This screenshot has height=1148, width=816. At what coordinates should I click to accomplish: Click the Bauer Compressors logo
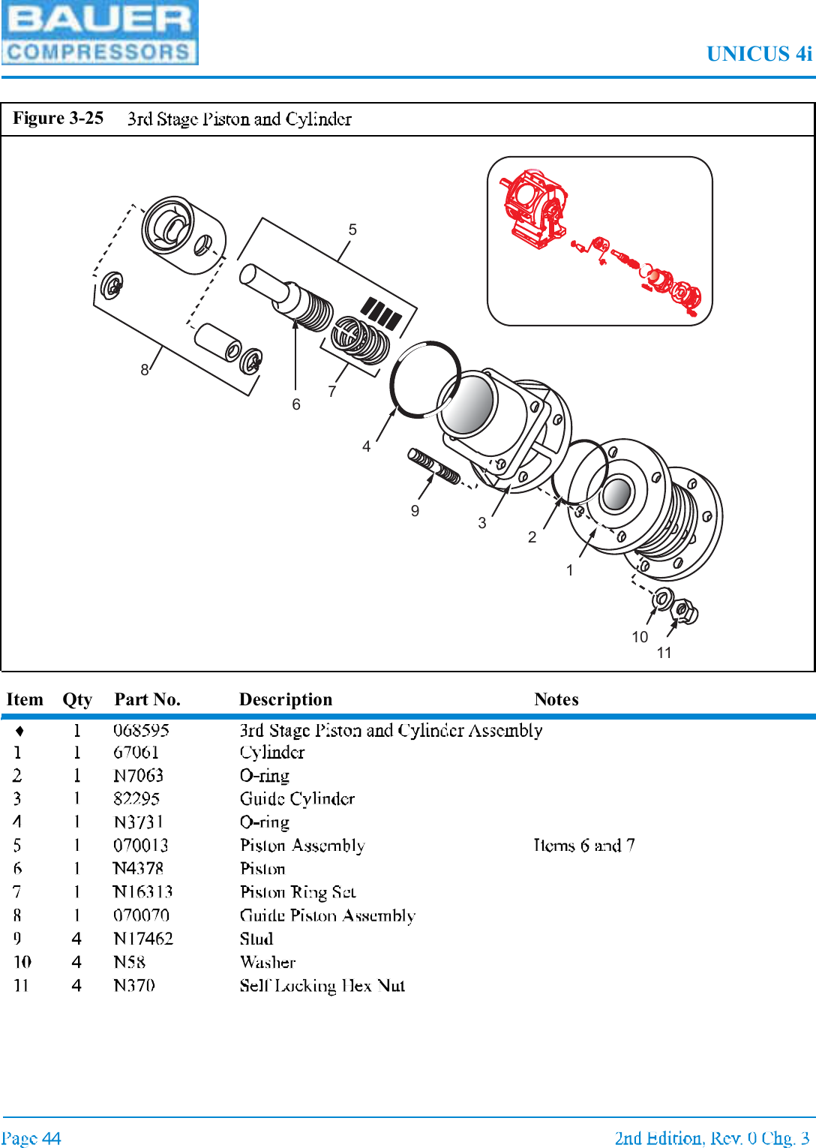coord(100,33)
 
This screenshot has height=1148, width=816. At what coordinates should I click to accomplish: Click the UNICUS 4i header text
coord(758,54)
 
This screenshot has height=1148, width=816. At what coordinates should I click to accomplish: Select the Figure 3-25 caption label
coord(58,119)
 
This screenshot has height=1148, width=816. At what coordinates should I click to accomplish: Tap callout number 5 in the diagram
coord(352,230)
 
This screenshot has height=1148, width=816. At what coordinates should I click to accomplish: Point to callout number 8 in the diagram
coord(145,370)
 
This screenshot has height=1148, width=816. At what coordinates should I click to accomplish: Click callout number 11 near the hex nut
coord(664,653)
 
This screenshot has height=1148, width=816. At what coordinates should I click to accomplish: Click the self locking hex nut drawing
coord(685,612)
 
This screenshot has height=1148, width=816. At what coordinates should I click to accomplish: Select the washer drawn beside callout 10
coord(661,599)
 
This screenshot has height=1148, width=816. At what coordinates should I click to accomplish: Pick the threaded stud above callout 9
coord(434,466)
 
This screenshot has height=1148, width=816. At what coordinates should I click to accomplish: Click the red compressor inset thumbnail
coord(599,241)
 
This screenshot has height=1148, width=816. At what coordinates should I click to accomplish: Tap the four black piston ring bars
coord(381,313)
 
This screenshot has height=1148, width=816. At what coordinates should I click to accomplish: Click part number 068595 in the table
coord(141,730)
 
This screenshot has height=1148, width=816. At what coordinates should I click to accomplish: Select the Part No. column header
coord(147,699)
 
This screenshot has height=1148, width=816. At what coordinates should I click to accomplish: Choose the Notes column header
coord(556,699)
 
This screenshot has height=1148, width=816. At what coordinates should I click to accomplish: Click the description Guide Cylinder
coord(297,798)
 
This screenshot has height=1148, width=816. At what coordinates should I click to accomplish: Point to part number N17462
coord(142,939)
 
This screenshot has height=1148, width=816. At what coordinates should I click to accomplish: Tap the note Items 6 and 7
coord(583,846)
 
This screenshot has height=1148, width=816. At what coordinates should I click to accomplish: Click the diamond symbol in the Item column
coord(19,731)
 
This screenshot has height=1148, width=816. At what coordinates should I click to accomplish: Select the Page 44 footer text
coord(31,1138)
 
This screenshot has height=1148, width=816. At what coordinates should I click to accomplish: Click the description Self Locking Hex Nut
coord(322,985)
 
